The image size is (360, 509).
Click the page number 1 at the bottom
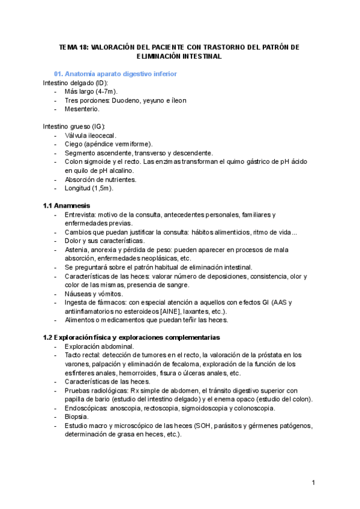[313, 483]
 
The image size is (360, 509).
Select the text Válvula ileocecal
[91, 136]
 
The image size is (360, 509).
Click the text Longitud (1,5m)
[89, 188]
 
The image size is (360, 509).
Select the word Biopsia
[77, 417]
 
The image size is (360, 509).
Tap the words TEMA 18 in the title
[73, 47]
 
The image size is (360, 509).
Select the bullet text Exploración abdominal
[99, 346]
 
